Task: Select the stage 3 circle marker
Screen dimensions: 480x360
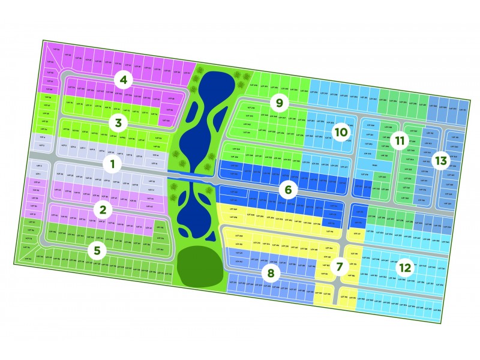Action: click(x=118, y=124)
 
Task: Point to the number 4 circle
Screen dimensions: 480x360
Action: click(x=124, y=79)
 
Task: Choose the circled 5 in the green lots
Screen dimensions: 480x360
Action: click(x=96, y=250)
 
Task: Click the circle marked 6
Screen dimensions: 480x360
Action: click(x=288, y=190)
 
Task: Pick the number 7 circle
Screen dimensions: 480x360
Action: click(x=340, y=266)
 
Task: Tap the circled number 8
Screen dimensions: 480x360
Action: click(x=271, y=274)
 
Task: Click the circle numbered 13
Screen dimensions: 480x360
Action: click(x=441, y=161)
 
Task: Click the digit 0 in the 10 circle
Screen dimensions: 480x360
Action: click(x=344, y=131)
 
